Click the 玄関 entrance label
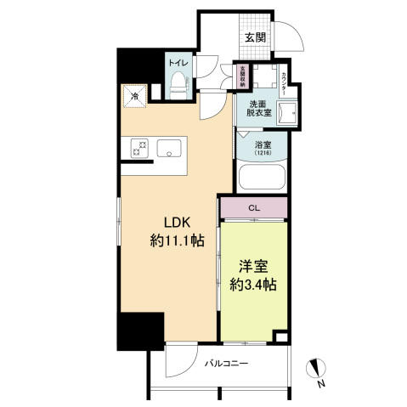pyautogui.click(x=256, y=37)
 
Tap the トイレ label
pyautogui.click(x=178, y=64)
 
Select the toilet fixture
pyautogui.click(x=178, y=82)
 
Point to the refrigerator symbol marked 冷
pyautogui.click(x=135, y=97)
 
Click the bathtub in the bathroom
pyautogui.click(x=263, y=178)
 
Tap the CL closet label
pyautogui.click(x=254, y=207)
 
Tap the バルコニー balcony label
pyautogui.click(x=227, y=363)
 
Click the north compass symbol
pyautogui.click(x=319, y=369)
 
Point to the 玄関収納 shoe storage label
pyautogui.click(x=242, y=76)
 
